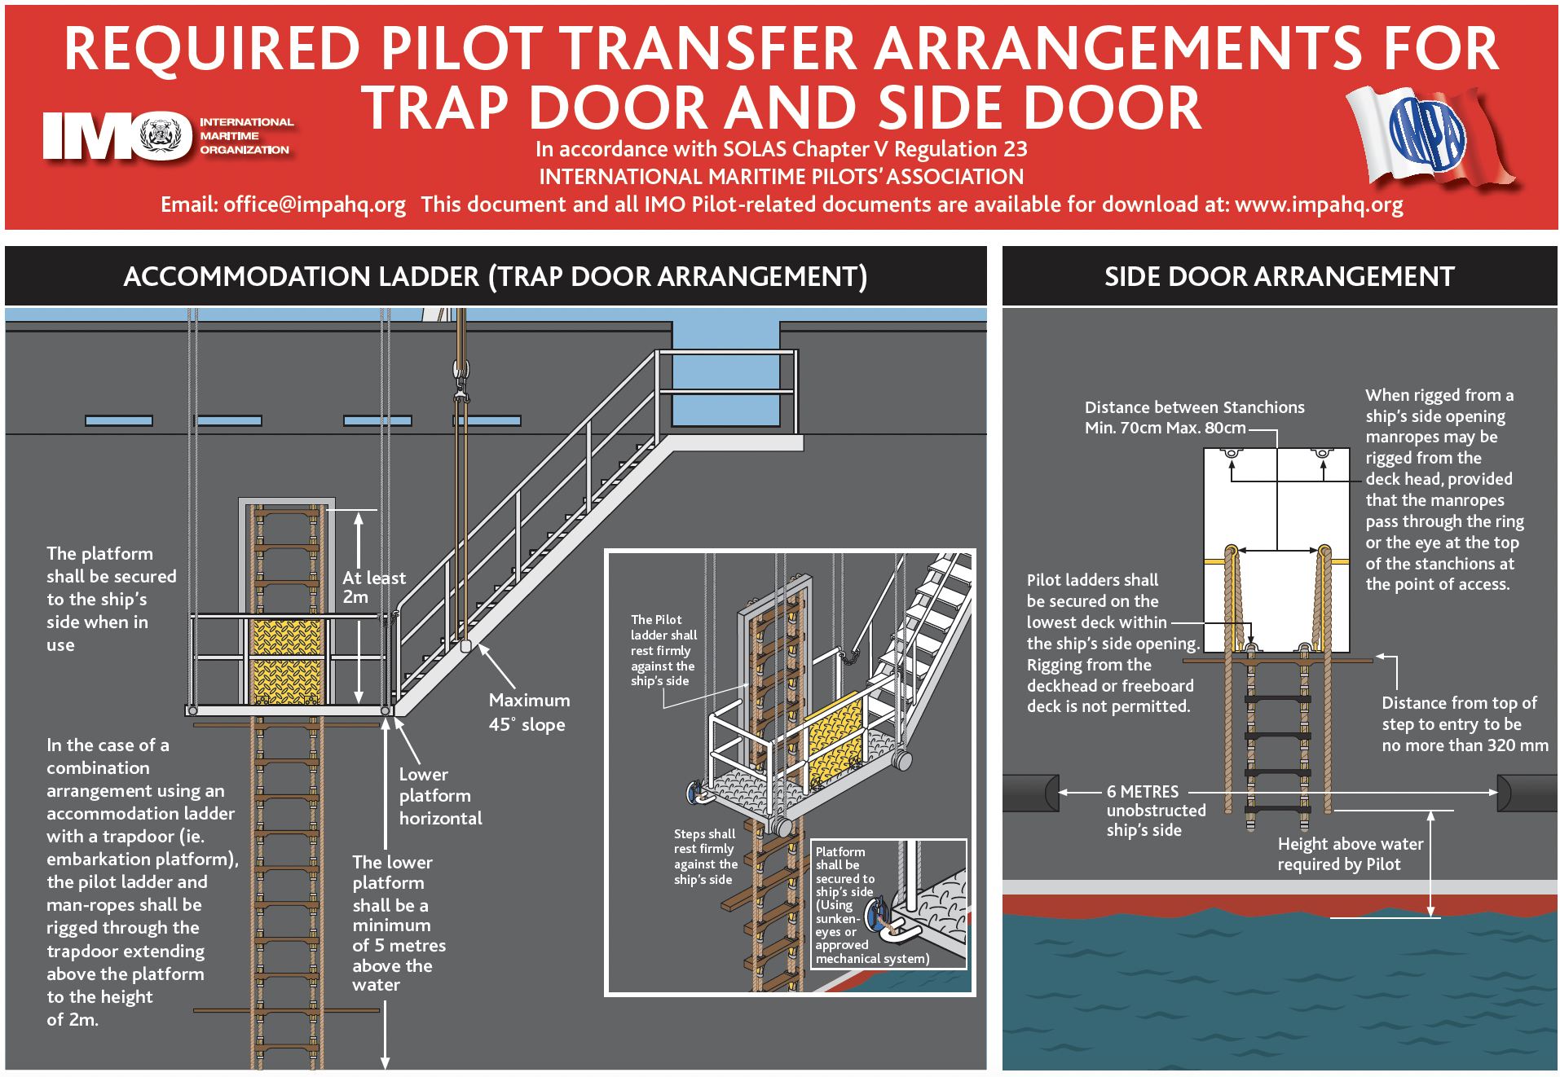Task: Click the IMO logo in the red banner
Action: (117, 135)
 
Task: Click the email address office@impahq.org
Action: (314, 204)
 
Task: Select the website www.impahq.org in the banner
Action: (1319, 204)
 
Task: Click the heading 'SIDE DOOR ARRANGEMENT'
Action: (1279, 277)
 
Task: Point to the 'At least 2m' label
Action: (373, 587)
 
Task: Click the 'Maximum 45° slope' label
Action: (528, 712)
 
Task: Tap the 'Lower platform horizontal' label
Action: (440, 796)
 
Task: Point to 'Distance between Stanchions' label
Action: (1194, 407)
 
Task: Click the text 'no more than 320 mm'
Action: (1465, 745)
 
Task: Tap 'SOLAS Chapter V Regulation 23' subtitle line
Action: (781, 149)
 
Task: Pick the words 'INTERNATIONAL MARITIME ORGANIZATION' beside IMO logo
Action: (245, 136)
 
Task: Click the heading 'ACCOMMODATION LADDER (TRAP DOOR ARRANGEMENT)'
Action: (495, 277)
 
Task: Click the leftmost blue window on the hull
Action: (119, 421)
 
